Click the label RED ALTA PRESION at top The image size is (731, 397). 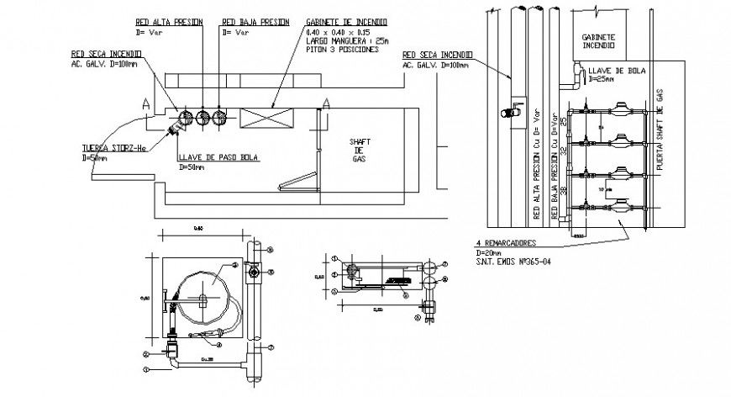pos(168,21)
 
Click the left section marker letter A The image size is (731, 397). pos(147,104)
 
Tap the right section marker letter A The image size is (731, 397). pos(327,103)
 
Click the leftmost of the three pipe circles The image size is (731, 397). pos(185,118)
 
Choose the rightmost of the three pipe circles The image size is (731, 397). pos(220,118)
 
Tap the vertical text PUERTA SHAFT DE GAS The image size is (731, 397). pos(660,135)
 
